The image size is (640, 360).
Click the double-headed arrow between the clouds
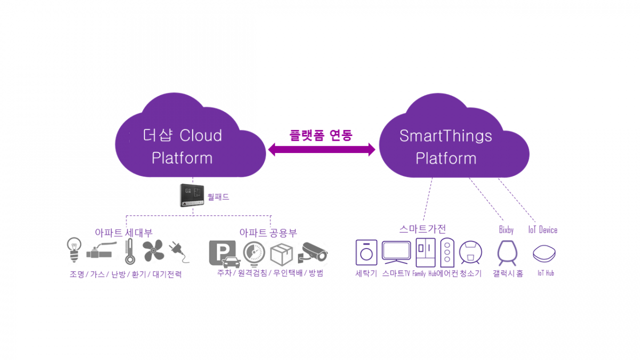click(322, 150)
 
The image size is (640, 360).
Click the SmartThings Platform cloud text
click(445, 147)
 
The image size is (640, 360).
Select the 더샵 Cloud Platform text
click(182, 147)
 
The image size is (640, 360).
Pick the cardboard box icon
click(282, 253)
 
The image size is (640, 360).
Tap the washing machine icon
click(366, 252)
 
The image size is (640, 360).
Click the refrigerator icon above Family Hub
click(426, 252)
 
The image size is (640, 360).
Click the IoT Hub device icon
click(545, 253)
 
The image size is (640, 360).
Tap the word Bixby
click(506, 230)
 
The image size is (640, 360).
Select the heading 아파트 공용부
click(268, 233)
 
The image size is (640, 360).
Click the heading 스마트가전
click(422, 229)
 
